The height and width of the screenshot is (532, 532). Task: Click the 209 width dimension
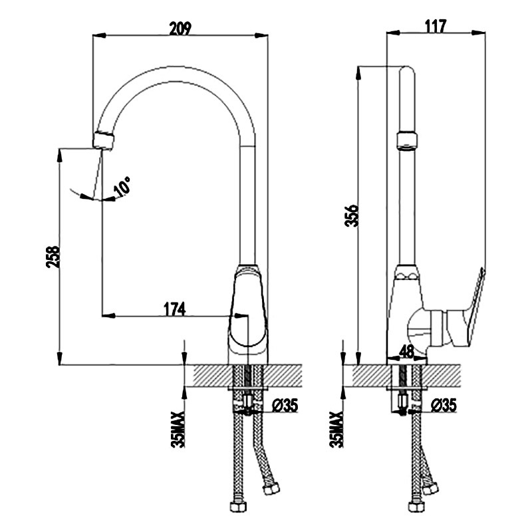coord(180,29)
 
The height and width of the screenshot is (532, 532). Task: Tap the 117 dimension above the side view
coord(436,26)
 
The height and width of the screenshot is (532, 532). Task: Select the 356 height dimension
coord(351,215)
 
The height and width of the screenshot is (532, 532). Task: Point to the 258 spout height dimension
coord(53,257)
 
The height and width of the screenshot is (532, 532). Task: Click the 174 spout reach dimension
coord(175,309)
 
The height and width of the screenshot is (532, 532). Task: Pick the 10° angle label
coord(122,187)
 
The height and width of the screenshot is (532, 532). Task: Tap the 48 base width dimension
coord(407,352)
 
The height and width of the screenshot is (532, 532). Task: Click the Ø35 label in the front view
coord(285,405)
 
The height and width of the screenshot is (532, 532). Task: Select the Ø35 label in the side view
coord(444,405)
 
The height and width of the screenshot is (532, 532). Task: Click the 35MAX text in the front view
coord(178,430)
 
